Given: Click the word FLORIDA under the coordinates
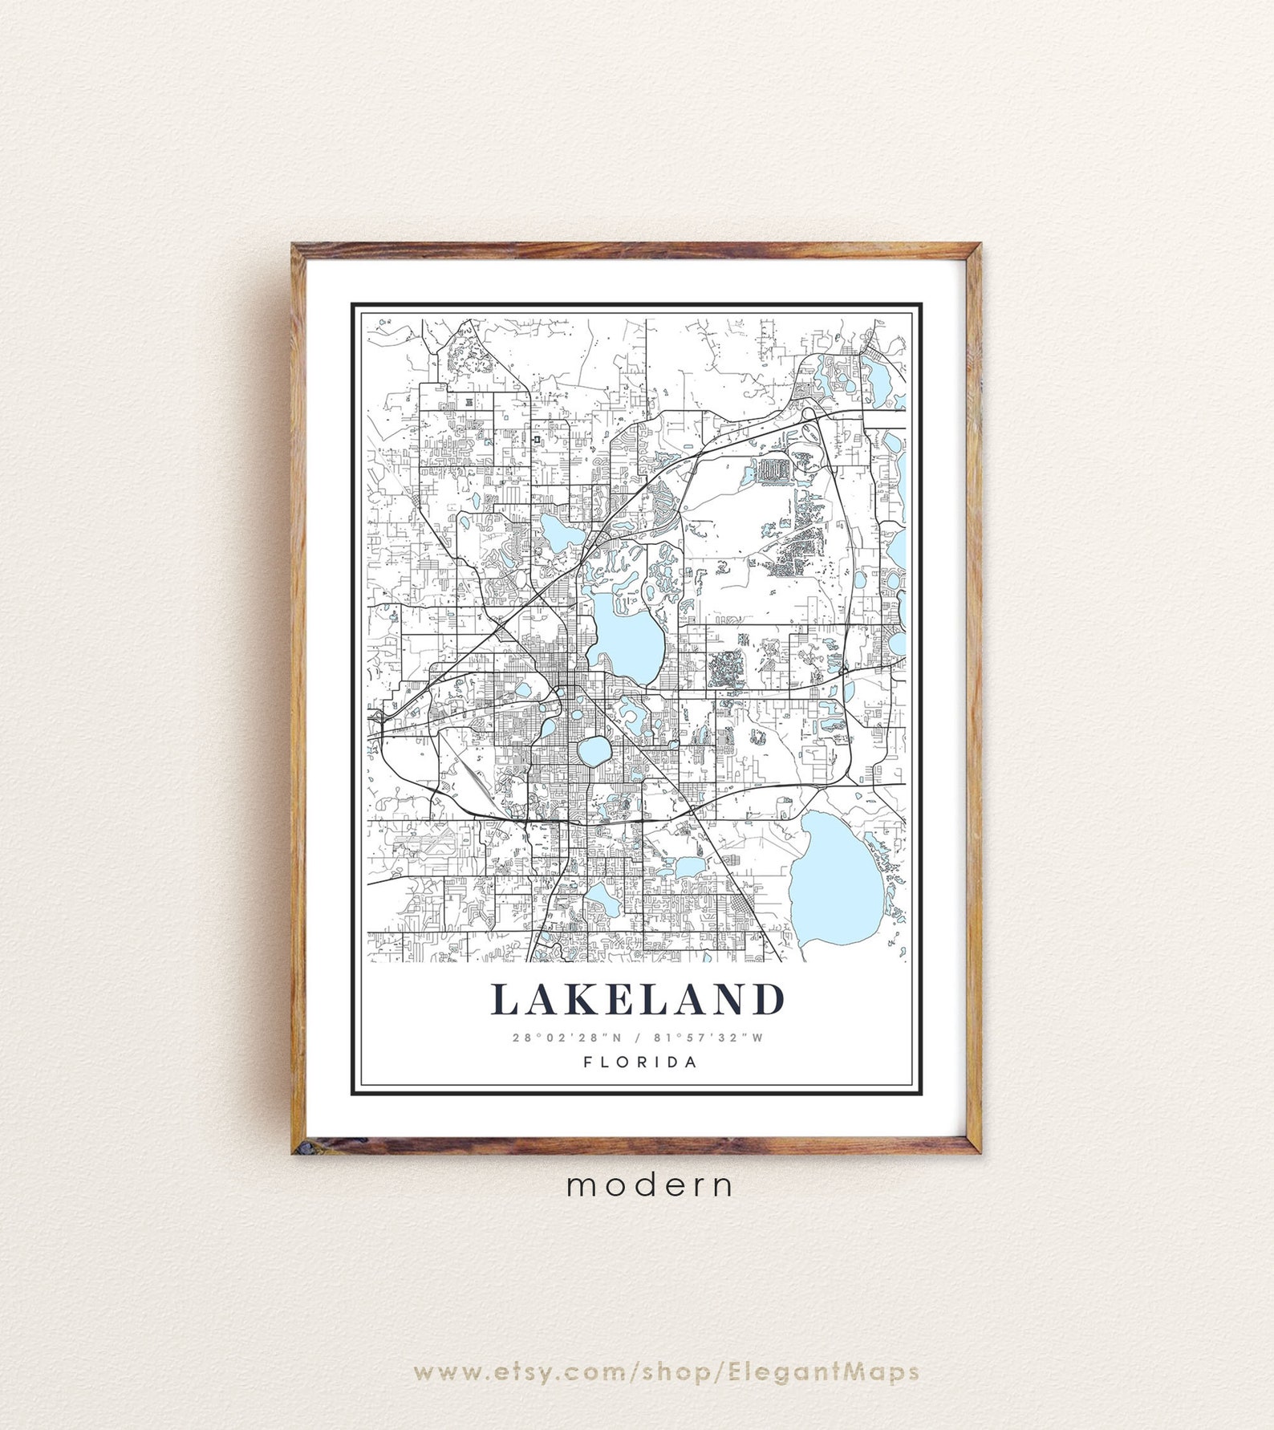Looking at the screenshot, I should point(640,1062).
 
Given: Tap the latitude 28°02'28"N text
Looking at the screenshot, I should point(567,1038).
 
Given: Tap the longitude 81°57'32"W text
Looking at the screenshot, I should point(709,1038).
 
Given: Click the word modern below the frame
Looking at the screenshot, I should point(649,1185).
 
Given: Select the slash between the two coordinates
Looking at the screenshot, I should point(638,1038).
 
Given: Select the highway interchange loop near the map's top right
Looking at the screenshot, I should point(808,414).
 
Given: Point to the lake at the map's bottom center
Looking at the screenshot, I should point(602,900).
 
